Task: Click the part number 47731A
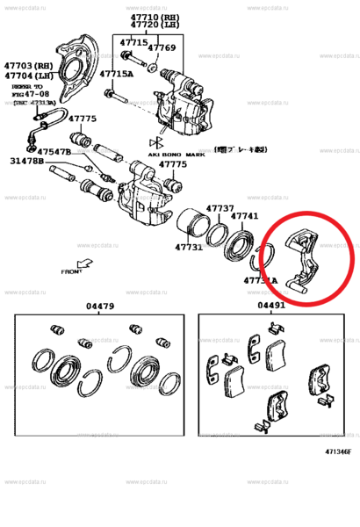tap(261, 280)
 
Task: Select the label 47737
tap(220, 208)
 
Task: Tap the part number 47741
tap(244, 215)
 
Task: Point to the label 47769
tap(162, 48)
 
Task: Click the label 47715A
tap(116, 75)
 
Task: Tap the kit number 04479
tap(99, 306)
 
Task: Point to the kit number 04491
tap(270, 306)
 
